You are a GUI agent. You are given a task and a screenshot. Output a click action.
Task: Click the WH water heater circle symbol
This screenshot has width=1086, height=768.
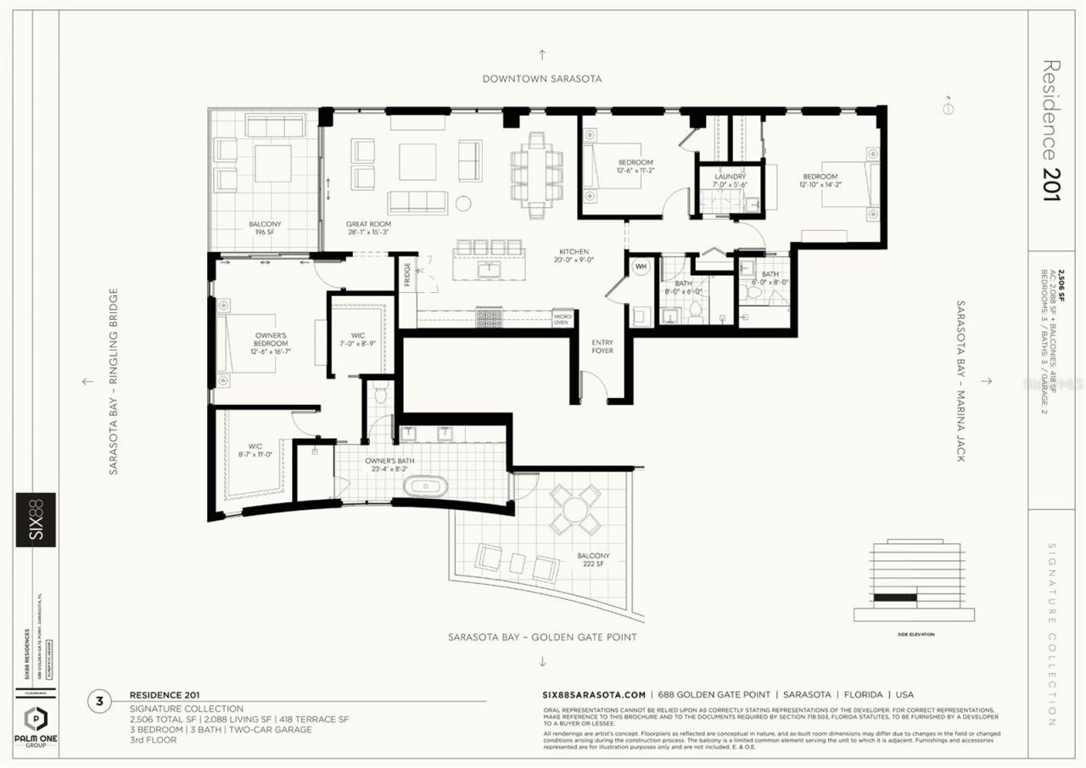641,266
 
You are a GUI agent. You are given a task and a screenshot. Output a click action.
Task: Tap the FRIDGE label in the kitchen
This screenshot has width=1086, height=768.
407,277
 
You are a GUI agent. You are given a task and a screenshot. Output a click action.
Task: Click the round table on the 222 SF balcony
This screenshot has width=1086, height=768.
575,510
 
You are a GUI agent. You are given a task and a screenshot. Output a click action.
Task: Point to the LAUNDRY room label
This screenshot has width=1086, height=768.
729,177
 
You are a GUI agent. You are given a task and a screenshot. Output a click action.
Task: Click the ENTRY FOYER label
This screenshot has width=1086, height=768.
602,345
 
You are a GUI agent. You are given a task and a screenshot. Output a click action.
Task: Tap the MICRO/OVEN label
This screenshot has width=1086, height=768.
562,318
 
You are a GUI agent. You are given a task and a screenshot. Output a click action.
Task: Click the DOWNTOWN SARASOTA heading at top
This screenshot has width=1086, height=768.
542,78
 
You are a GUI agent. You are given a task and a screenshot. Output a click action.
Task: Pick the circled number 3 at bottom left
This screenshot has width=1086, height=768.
100,701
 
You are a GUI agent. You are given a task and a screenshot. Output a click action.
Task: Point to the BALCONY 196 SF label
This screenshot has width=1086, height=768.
265,228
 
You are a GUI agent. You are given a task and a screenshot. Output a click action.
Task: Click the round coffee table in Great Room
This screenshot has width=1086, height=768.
463,203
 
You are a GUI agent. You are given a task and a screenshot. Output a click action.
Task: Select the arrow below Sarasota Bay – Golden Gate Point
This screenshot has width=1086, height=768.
542,660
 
